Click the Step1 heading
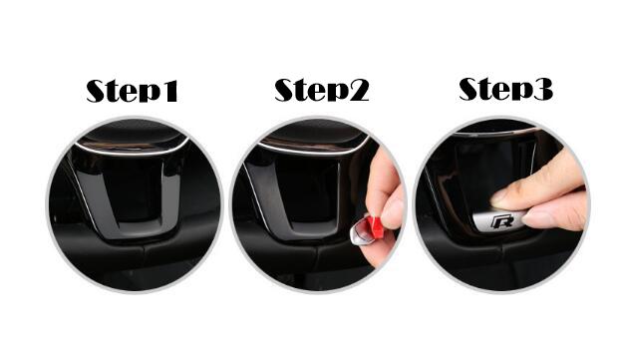click(132, 91)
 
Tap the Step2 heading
click(322, 90)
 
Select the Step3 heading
click(505, 89)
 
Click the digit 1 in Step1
click(169, 91)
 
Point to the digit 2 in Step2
click(359, 90)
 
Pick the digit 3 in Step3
click(543, 89)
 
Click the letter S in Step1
click(97, 91)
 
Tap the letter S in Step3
click(469, 89)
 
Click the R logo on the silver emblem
click(501, 221)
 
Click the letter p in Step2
click(336, 94)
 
